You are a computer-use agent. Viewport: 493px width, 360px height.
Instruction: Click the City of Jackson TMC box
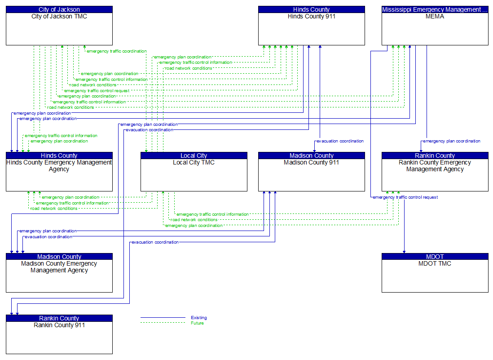coord(59,29)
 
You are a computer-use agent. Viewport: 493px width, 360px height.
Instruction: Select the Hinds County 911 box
coord(311,29)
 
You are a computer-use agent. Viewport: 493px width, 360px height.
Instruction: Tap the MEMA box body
coord(435,29)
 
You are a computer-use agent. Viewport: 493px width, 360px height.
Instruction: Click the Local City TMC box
coord(194,175)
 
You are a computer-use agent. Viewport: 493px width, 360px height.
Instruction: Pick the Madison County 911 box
coord(311,175)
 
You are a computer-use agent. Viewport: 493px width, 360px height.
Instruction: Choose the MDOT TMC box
coord(435,276)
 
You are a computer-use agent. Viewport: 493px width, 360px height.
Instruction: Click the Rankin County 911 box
coord(59,338)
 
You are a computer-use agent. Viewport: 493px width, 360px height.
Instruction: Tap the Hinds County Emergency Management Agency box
coord(59,175)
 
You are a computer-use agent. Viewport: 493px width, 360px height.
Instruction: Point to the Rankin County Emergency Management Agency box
coord(435,175)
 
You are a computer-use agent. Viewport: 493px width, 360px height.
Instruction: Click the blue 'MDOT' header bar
coord(435,257)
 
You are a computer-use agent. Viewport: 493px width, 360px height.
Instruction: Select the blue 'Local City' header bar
coord(194,156)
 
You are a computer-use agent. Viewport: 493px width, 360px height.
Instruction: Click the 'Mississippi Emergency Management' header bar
coord(435,9)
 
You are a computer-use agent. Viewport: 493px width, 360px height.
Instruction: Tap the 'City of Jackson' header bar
coord(59,9)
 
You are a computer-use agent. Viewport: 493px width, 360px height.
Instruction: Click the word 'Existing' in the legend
coord(198,318)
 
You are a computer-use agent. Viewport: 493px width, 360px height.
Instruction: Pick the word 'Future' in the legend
coord(197,323)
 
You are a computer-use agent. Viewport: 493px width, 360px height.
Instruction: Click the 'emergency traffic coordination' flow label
coord(116,51)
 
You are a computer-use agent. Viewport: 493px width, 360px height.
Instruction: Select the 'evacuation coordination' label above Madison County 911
coord(340,141)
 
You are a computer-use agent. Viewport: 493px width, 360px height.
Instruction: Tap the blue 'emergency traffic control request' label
coord(405,197)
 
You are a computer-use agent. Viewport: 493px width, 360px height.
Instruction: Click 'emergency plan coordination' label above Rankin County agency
coord(452,141)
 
